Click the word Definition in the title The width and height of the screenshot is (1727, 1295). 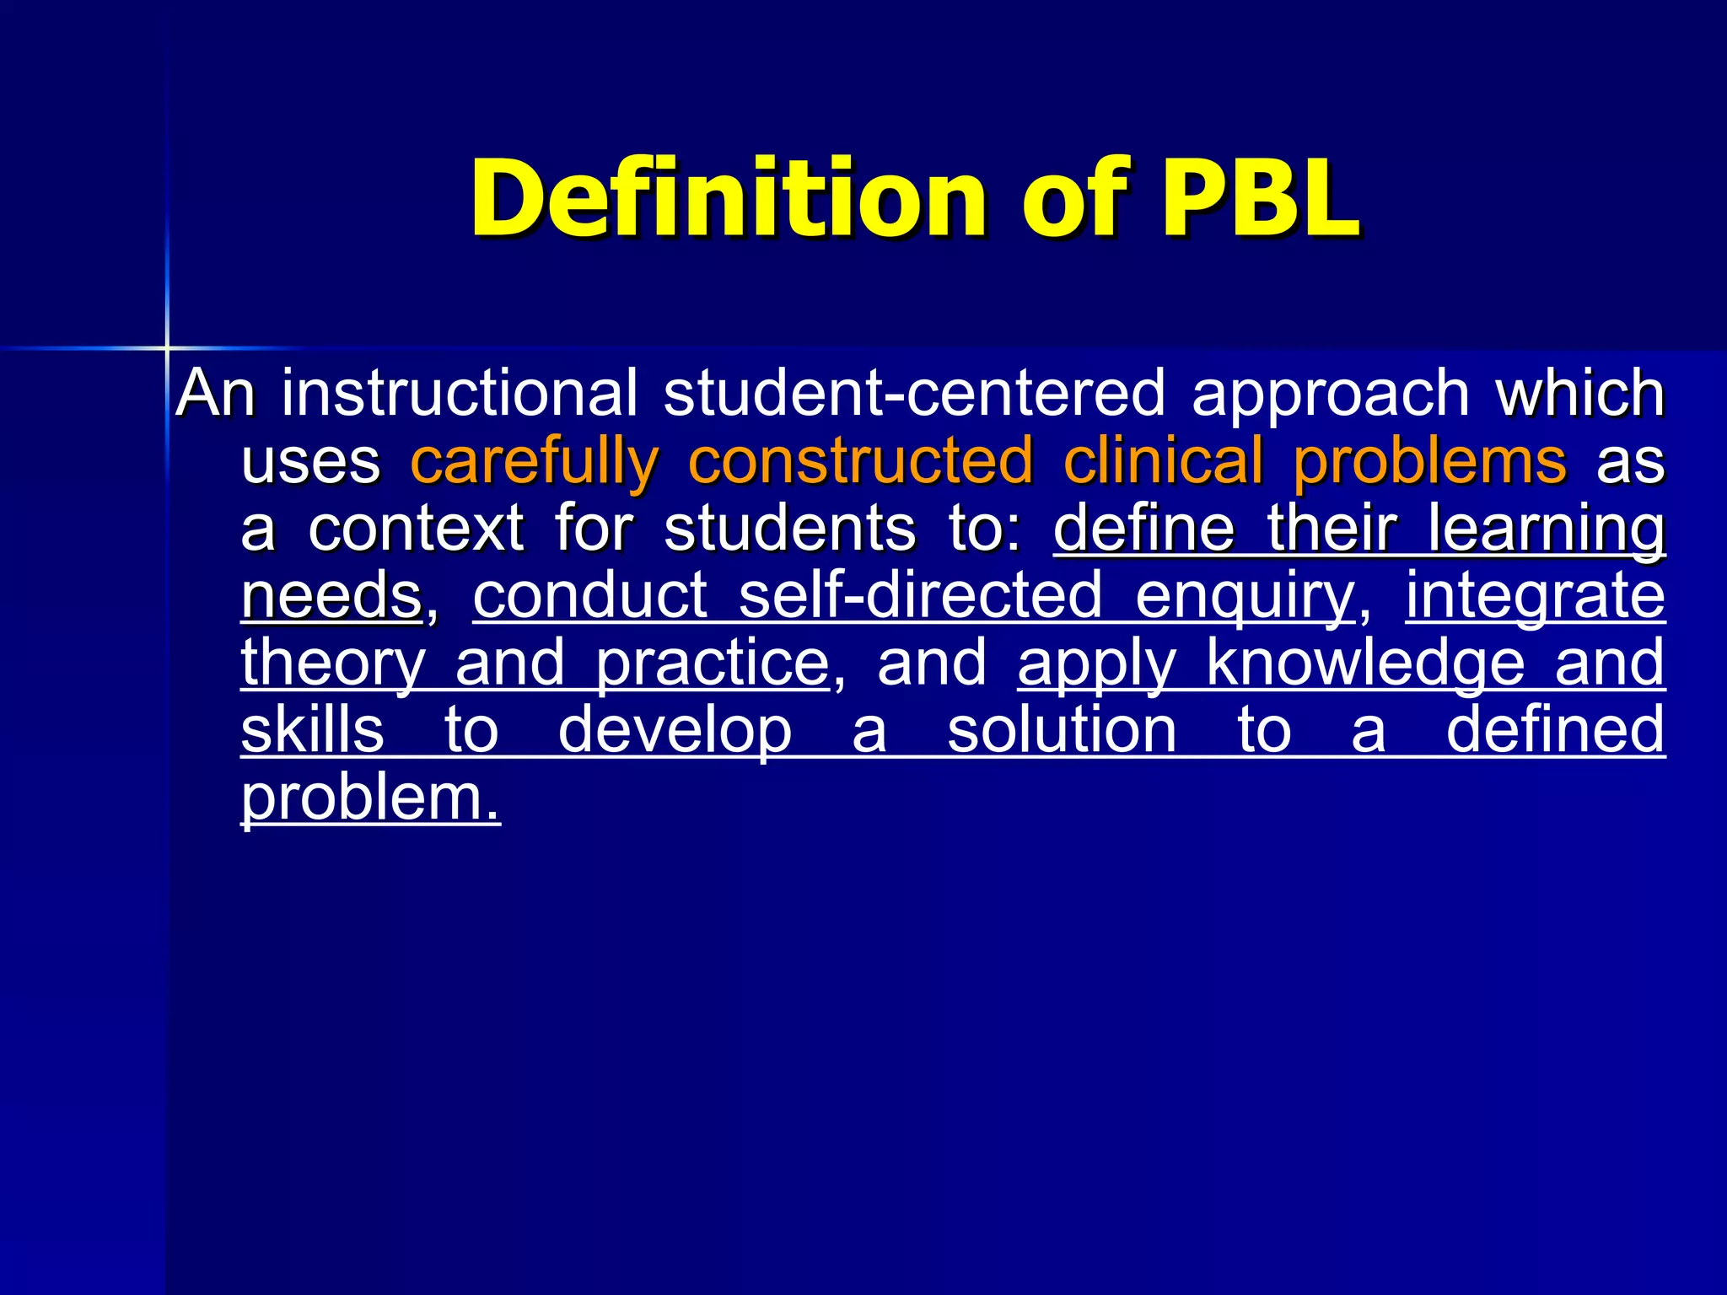(728, 199)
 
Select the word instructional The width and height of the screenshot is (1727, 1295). (460, 393)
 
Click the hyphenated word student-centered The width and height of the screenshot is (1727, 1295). (914, 393)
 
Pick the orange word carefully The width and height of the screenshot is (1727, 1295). (535, 462)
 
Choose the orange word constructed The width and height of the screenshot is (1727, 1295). (860, 460)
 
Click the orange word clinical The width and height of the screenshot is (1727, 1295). (1163, 460)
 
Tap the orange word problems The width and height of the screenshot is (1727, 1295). (1430, 462)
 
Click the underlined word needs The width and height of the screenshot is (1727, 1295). (331, 595)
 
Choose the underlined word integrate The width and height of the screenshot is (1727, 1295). (1535, 597)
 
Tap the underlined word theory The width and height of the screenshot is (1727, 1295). (333, 664)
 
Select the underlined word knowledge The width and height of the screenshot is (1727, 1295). (1365, 664)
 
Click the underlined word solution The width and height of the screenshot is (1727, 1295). (1062, 730)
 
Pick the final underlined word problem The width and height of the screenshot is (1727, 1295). (370, 798)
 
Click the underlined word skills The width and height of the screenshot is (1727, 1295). (313, 730)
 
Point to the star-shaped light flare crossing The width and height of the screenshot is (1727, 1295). (167, 347)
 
